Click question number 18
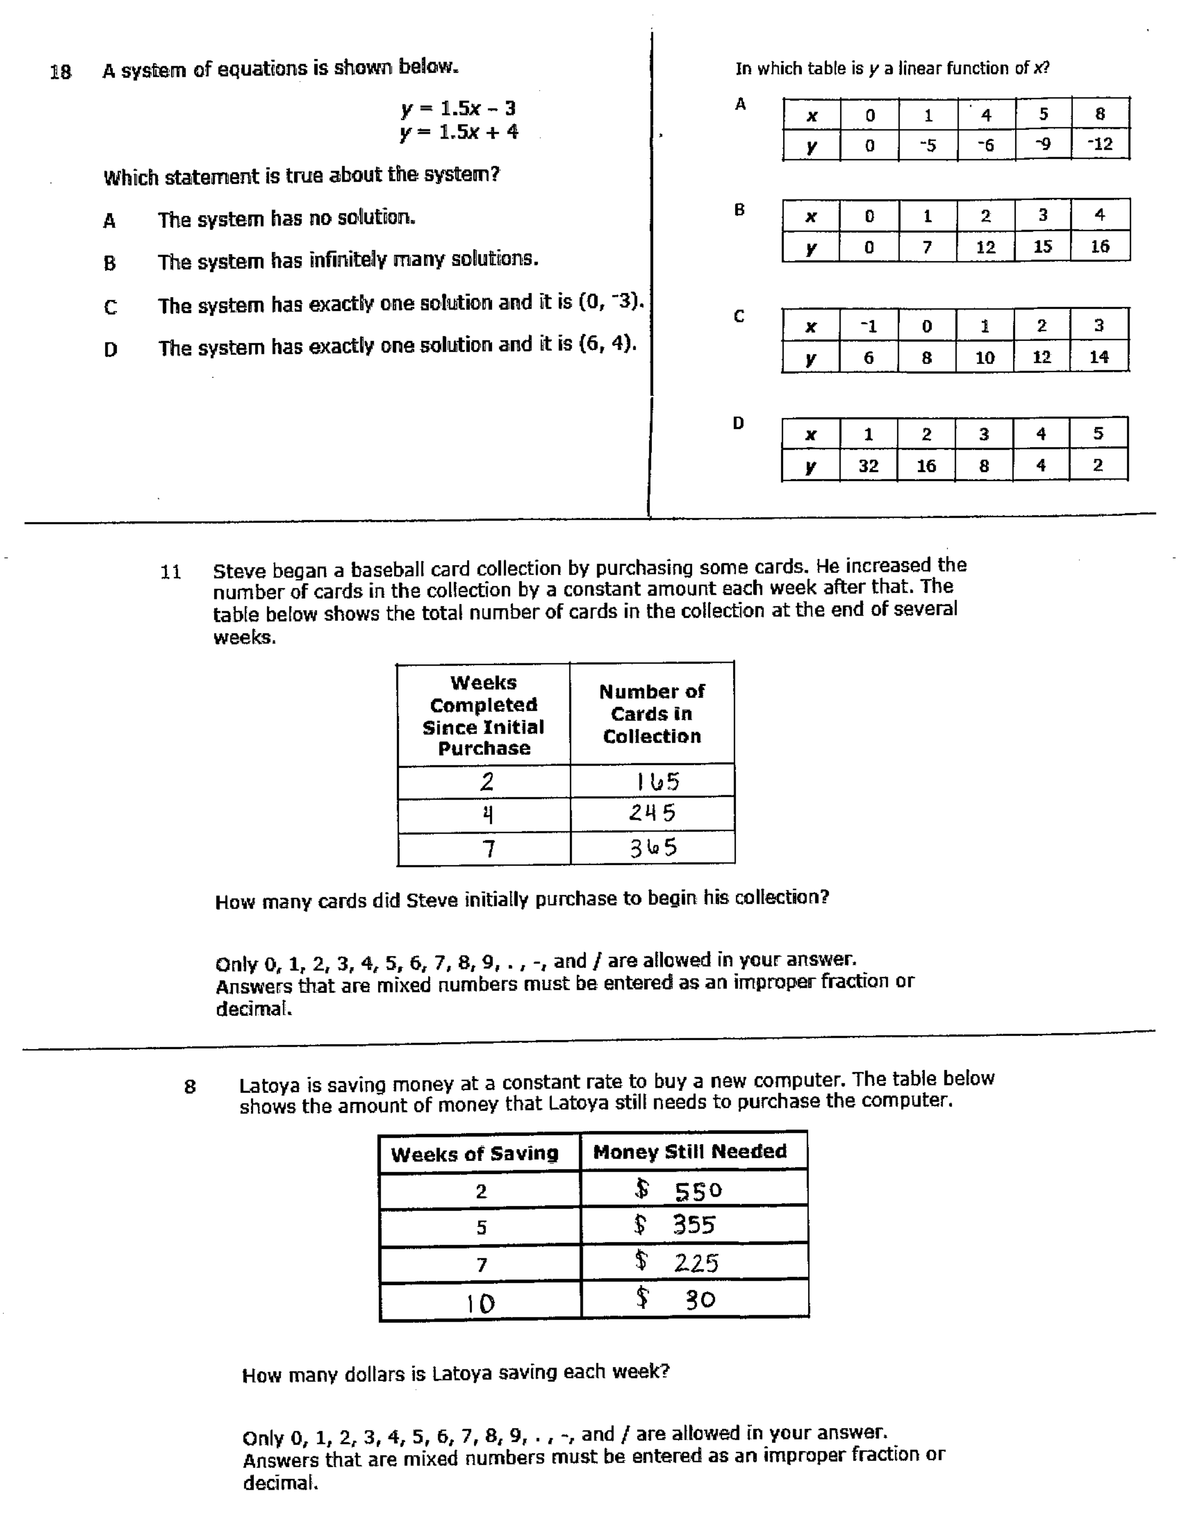pyautogui.click(x=61, y=72)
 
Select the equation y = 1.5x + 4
pyautogui.click(x=460, y=132)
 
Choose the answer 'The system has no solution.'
pyautogui.click(x=286, y=219)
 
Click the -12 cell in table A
pyautogui.click(x=1099, y=145)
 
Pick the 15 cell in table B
pyautogui.click(x=1042, y=246)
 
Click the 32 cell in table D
pyautogui.click(x=868, y=466)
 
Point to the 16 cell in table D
pyautogui.click(x=925, y=466)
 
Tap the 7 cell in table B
pyautogui.click(x=927, y=247)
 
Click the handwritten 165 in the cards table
pyautogui.click(x=657, y=781)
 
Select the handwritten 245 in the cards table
pyautogui.click(x=652, y=813)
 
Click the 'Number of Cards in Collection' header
pyautogui.click(x=652, y=714)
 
